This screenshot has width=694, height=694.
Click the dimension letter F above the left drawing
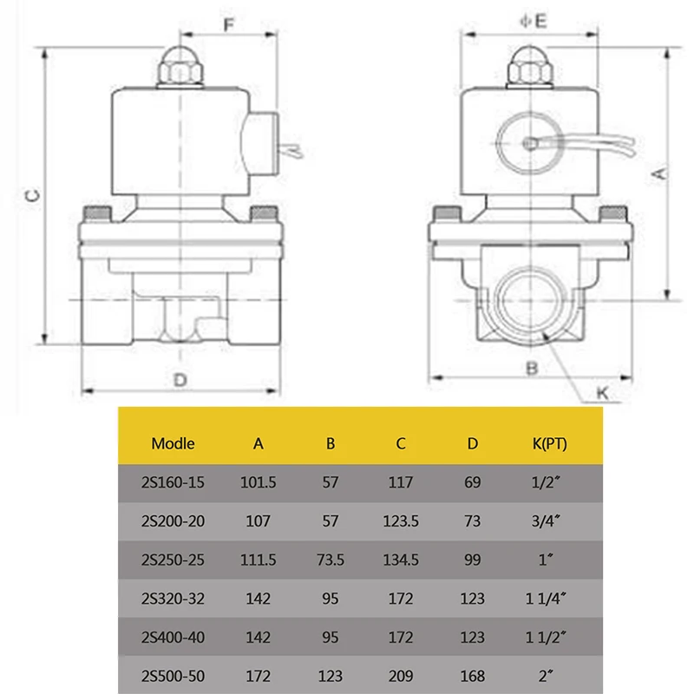pos(229,23)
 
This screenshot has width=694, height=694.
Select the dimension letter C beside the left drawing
pos(30,196)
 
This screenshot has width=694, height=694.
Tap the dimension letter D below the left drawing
pos(180,380)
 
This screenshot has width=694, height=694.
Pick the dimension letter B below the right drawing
pos(533,368)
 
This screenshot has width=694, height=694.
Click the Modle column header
pos(173,443)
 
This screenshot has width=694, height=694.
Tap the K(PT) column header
pos(550,443)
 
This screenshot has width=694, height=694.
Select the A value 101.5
pos(258,482)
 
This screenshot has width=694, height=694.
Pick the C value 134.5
pos(401,560)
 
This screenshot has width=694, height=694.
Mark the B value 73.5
pos(330,560)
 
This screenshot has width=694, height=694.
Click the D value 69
pos(472,482)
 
